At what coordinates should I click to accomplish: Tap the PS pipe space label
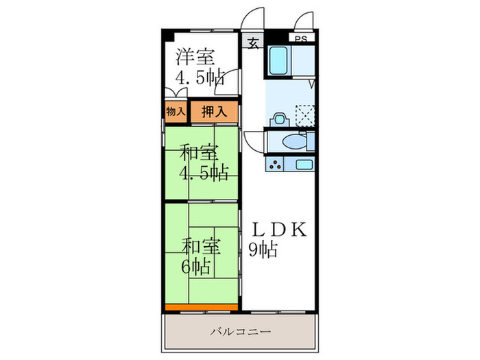click(x=301, y=39)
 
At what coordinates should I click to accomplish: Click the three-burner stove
click(x=277, y=165)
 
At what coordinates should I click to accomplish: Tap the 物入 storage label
click(x=176, y=111)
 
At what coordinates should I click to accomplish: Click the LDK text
click(x=280, y=230)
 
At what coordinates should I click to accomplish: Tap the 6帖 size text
click(x=197, y=265)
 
